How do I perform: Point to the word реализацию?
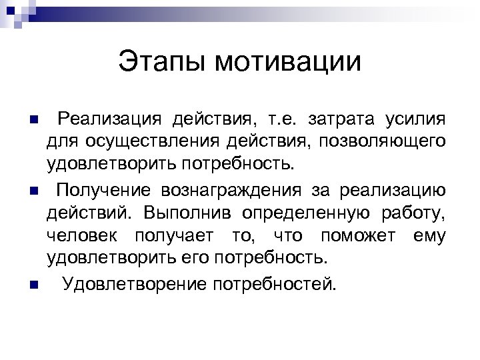pyautogui.click(x=393, y=191)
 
